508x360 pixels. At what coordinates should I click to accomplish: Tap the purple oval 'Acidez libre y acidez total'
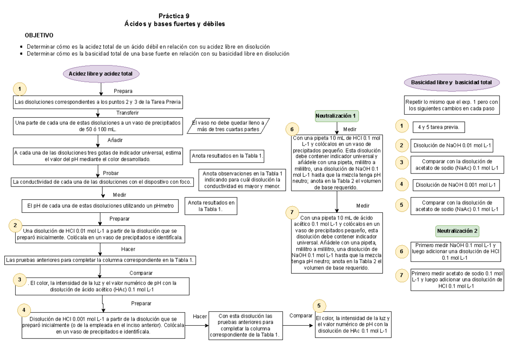click(x=101, y=74)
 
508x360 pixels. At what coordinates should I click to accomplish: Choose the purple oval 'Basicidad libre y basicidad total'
click(x=451, y=82)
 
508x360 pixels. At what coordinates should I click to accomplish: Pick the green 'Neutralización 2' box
click(x=458, y=231)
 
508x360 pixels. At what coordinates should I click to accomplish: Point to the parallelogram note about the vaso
click(x=229, y=126)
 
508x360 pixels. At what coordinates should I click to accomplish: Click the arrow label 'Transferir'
click(x=127, y=113)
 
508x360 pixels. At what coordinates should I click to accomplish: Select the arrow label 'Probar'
click(x=111, y=173)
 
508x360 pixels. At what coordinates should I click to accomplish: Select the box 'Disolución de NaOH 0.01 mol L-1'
click(x=451, y=146)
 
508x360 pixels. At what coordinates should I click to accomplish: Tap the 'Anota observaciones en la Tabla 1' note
click(x=243, y=179)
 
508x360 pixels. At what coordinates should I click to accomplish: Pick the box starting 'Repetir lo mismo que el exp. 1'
click(x=452, y=105)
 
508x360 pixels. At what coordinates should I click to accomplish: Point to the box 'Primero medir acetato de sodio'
click(x=457, y=279)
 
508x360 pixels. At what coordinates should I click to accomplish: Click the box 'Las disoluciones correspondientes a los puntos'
click(x=98, y=102)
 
